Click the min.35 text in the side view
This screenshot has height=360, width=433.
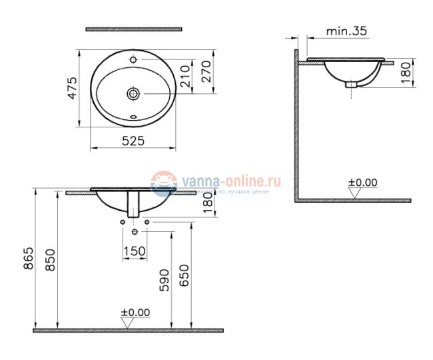pos(348,31)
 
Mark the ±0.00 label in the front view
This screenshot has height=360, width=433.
pos(136,312)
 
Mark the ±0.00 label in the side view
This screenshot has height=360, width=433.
pos(363,181)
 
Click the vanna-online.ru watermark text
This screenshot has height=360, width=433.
pos(226,180)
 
